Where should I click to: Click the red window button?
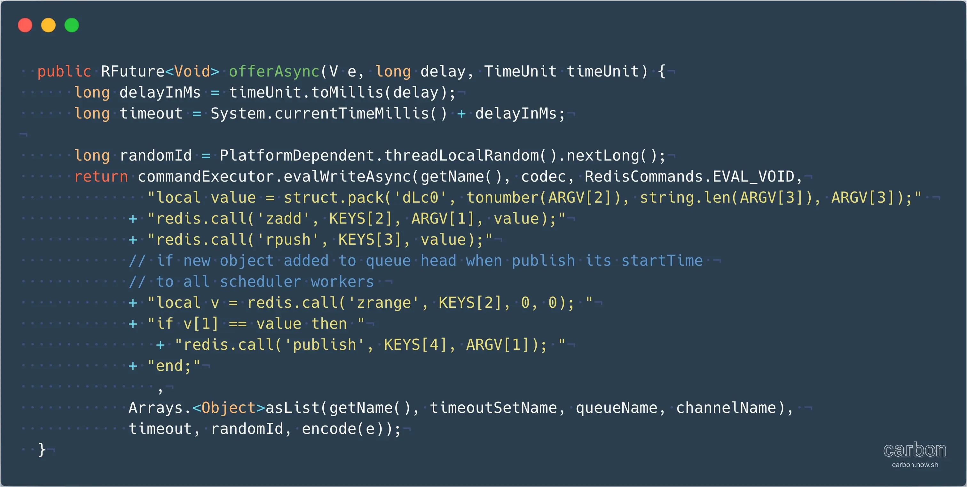(x=25, y=25)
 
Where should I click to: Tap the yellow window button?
(x=48, y=25)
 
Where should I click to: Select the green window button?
(x=72, y=25)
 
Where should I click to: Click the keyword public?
(x=64, y=71)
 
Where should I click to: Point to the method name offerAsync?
(x=274, y=71)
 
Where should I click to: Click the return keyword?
(x=101, y=177)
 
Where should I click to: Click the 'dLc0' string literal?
(x=420, y=198)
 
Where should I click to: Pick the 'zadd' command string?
(x=283, y=219)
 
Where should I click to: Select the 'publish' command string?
(x=324, y=345)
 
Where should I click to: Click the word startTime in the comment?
(x=662, y=261)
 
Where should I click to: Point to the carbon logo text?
(x=915, y=450)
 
